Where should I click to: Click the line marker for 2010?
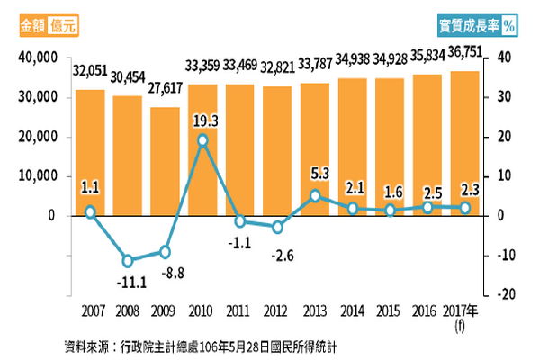pos(202,140)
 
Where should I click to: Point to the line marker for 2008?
pos(128,261)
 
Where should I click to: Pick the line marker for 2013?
pos(315,195)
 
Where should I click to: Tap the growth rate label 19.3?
pos(202,118)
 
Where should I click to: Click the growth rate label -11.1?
pos(128,281)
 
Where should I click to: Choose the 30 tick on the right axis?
pos(505,97)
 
